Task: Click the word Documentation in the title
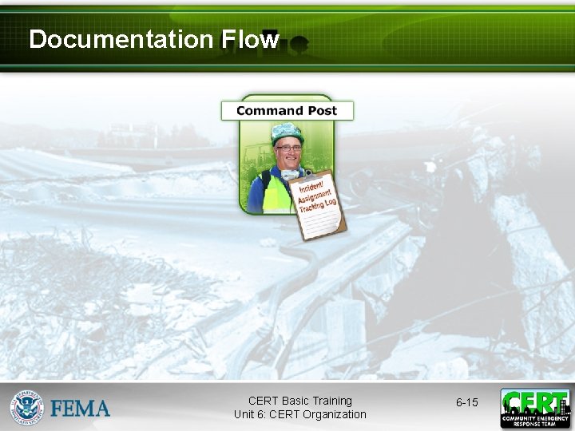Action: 120,39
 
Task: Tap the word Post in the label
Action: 321,111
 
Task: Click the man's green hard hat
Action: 287,132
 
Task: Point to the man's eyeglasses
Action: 287,148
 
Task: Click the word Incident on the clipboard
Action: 307,185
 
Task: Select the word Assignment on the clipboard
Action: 315,196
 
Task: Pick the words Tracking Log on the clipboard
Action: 318,206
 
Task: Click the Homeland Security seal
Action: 26,407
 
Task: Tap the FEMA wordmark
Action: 81,409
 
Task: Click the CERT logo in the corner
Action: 535,408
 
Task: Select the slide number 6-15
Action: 467,402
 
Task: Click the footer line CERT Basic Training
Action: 300,401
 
